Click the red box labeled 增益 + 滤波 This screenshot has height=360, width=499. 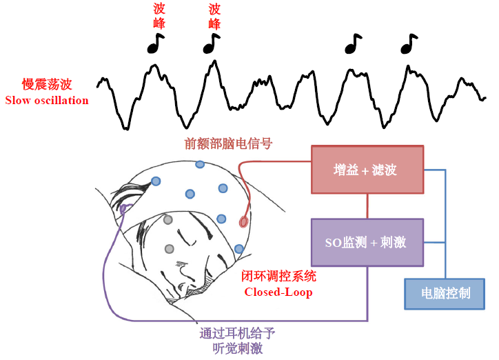coord(367,170)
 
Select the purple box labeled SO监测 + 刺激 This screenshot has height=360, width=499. coord(367,243)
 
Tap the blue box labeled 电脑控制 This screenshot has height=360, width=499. coord(445,294)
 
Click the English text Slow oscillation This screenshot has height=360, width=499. coord(47,101)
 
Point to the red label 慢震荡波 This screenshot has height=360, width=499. coord(47,85)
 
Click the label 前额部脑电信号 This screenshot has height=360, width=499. coord(228,144)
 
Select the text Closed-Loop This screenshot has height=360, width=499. coord(278,292)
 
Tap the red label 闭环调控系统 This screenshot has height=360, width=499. coord(278,276)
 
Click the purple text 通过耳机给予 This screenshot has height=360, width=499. coord(237,334)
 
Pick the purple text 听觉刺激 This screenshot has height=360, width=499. coord(237,348)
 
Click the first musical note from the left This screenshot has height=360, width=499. coord(155,43)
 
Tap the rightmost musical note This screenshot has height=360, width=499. coord(409,43)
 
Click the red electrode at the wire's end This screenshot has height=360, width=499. coord(243,222)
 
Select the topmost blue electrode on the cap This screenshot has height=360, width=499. coord(200,164)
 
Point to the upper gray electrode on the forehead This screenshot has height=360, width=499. coord(168,219)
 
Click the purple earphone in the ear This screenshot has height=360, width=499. coord(123,209)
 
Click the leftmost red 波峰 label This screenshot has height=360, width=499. coord(159,16)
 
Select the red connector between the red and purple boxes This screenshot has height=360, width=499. coord(367,206)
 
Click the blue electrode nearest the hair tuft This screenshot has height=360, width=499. coord(156,181)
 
